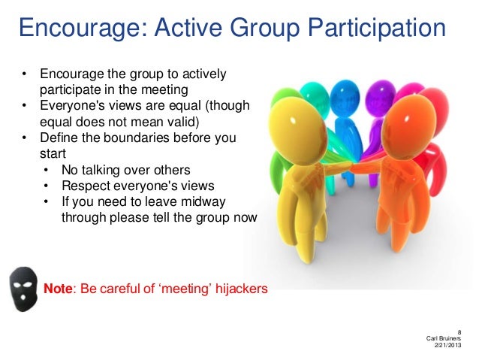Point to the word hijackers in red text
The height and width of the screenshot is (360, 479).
(236, 288)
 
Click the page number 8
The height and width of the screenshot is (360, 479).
(459, 331)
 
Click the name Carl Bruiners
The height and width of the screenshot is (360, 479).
(443, 338)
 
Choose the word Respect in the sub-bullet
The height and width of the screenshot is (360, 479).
(84, 186)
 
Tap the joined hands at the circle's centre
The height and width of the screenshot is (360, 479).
(353, 165)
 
